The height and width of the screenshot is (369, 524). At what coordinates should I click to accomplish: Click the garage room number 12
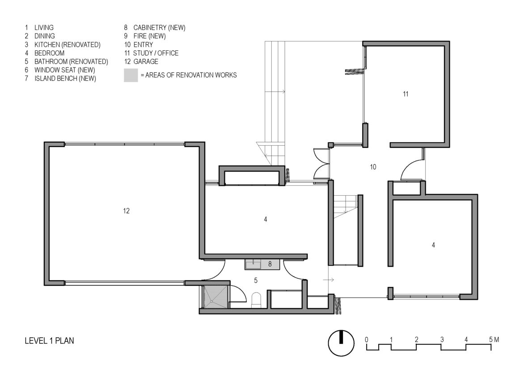tap(126, 211)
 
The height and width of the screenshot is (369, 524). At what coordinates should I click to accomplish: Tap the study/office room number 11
tap(406, 94)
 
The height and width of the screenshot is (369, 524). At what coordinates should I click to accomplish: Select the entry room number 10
tap(373, 167)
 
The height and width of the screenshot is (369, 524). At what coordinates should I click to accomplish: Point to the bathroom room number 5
tap(256, 281)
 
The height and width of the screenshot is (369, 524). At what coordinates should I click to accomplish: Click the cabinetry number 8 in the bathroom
tap(270, 264)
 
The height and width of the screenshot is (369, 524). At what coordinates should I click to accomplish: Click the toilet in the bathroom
tap(256, 300)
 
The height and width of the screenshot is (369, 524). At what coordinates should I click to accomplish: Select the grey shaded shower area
tap(216, 297)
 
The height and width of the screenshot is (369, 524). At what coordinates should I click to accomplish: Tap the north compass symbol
tap(341, 343)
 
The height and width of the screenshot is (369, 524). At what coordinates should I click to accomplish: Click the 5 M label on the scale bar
tap(494, 340)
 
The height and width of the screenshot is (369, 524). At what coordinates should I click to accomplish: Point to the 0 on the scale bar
tap(367, 340)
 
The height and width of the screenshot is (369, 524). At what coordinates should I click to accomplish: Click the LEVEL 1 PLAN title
tap(50, 341)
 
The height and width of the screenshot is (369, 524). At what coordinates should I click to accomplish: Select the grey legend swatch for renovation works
tap(131, 75)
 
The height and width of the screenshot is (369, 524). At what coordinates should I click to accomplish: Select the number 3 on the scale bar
tap(442, 340)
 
